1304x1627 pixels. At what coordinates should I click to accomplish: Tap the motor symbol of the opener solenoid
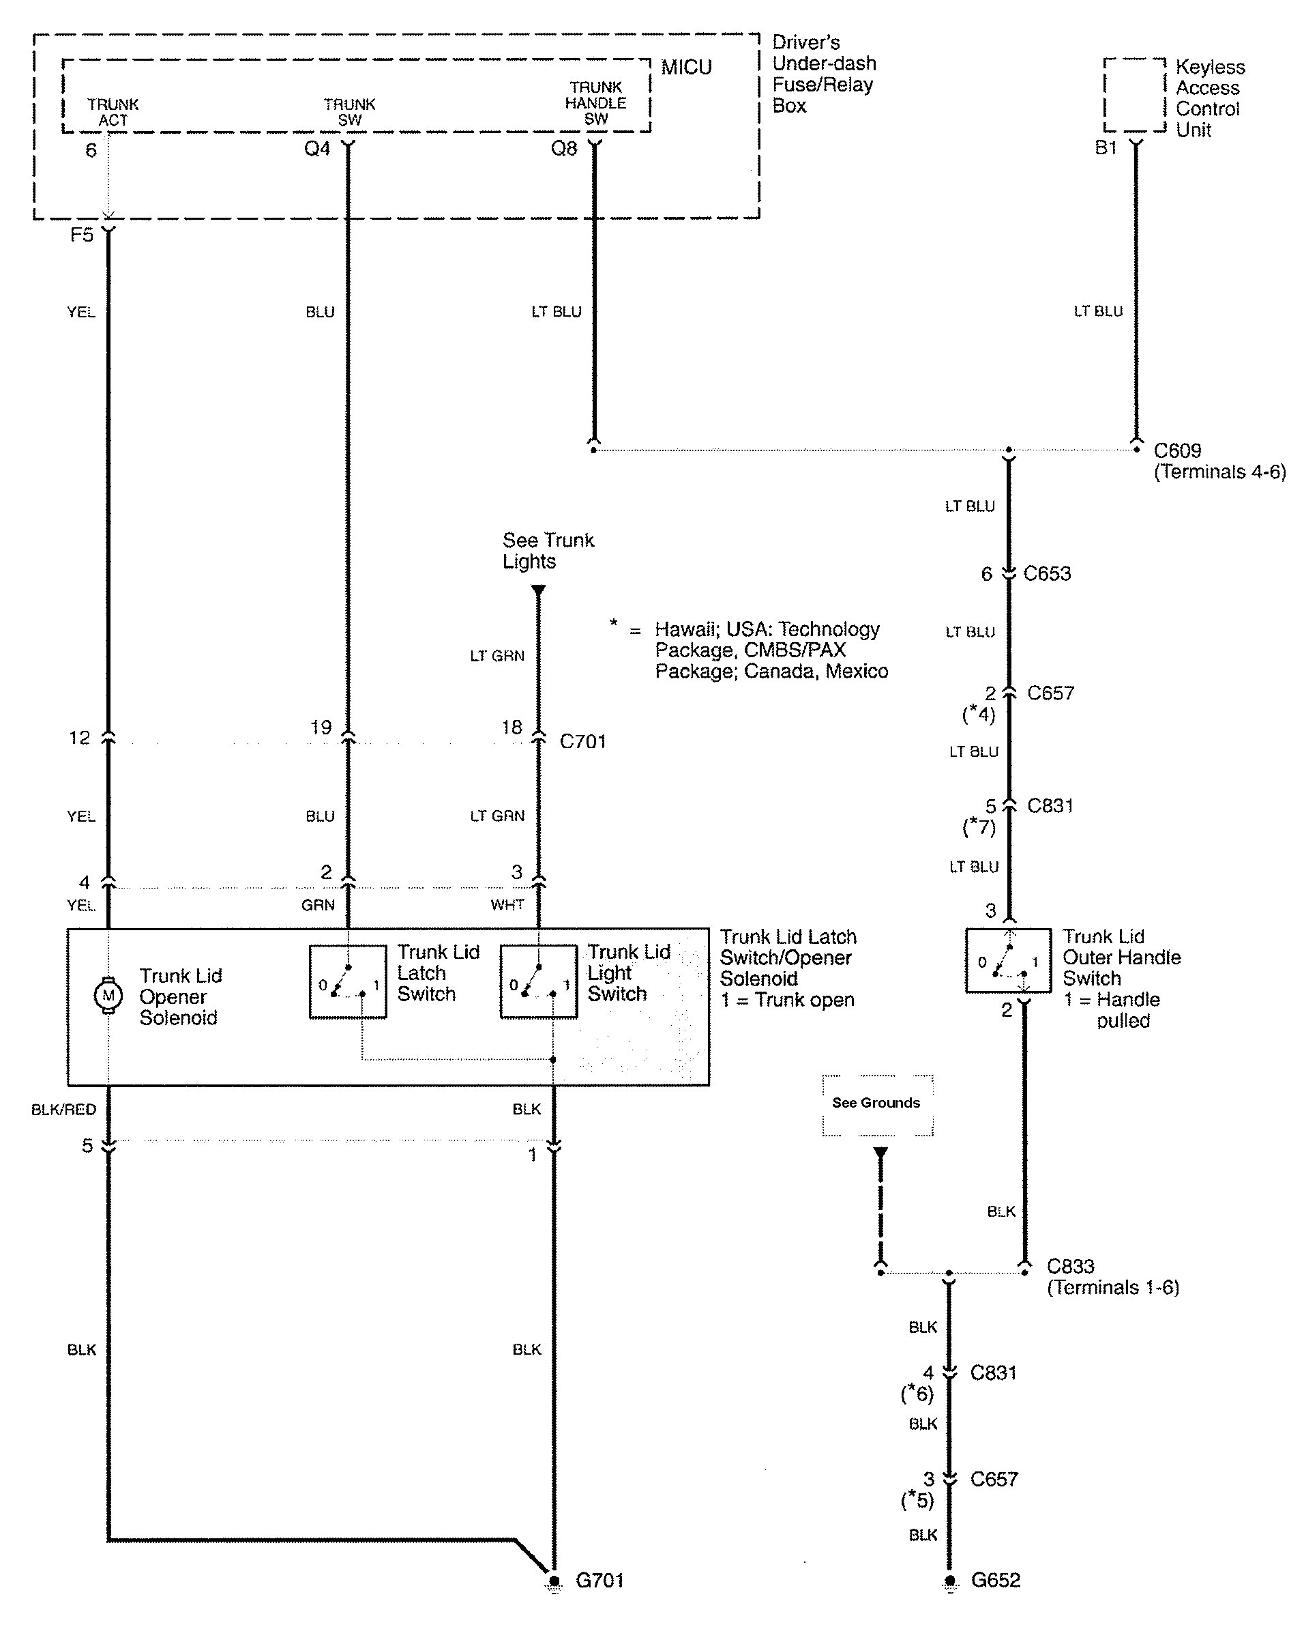(x=108, y=994)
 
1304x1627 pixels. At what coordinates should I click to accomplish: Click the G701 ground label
(x=599, y=1580)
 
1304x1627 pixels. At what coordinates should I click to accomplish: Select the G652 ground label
(x=996, y=1580)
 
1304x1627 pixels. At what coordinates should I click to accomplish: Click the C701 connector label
(x=582, y=742)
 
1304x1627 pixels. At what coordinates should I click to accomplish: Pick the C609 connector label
(x=1177, y=451)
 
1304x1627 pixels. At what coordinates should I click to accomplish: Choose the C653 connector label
(x=1047, y=573)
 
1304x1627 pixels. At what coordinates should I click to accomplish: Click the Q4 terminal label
(x=316, y=149)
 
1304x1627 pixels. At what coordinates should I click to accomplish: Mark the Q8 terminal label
(x=563, y=149)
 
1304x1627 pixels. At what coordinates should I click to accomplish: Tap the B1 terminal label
(x=1106, y=148)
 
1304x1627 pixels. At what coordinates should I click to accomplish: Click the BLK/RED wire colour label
(x=63, y=1109)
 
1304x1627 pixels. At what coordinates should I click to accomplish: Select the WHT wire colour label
(x=507, y=905)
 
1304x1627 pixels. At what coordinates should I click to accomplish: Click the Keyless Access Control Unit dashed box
(x=1134, y=95)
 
